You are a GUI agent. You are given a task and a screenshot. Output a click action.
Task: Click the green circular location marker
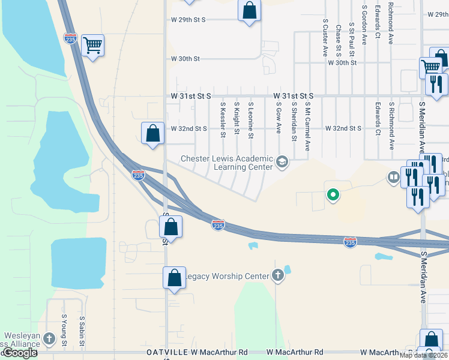[333, 194]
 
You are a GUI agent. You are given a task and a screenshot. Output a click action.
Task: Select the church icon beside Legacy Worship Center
[277, 276]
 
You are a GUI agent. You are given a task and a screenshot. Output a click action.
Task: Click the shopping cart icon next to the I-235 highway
[92, 45]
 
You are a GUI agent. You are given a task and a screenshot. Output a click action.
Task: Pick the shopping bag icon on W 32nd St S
[153, 132]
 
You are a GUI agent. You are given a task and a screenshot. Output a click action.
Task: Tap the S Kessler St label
[222, 119]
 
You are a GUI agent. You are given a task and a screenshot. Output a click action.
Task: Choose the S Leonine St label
[250, 119]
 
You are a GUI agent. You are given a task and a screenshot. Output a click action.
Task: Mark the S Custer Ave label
[325, 37]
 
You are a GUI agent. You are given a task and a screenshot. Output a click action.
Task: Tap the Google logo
[20, 353]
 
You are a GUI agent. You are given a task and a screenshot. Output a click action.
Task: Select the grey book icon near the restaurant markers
[393, 177]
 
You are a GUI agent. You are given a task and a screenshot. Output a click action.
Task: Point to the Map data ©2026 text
[424, 355]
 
